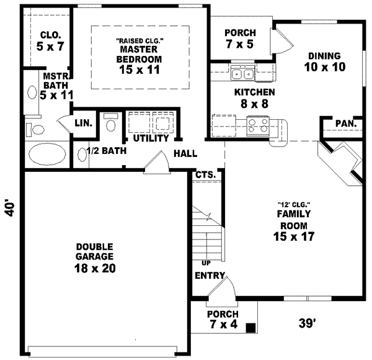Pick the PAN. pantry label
pos(345,124)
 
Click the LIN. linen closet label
pos(84,123)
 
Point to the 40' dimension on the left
pos(9,209)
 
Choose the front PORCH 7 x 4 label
pos(222,319)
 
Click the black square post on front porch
pos(250,327)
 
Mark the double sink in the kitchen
pos(242,74)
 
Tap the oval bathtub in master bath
pos(48,153)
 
